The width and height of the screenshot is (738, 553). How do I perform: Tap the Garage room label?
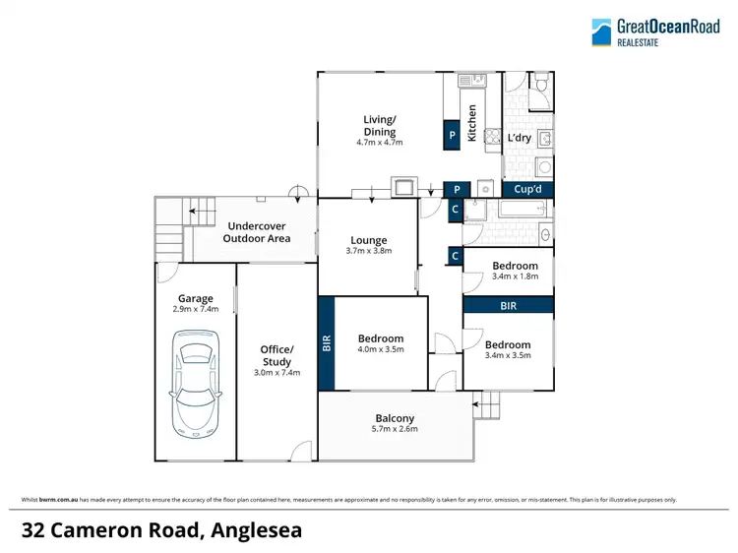tap(196, 298)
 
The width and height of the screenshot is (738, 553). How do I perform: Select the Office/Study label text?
tap(277, 355)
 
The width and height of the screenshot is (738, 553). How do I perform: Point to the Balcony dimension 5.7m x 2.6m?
tap(395, 429)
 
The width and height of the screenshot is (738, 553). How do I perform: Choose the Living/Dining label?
tap(380, 126)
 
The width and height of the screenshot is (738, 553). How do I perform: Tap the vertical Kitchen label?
tap(472, 123)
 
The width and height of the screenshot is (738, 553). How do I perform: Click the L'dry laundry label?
tap(519, 138)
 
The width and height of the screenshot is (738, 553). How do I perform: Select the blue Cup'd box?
tap(527, 190)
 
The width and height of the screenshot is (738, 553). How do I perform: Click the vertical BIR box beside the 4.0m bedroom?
tap(327, 342)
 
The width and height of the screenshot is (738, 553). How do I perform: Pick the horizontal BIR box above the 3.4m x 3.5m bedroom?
tap(508, 306)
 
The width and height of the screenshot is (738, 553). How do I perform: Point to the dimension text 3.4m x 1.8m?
tap(516, 276)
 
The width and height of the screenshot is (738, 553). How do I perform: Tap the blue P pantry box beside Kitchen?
tap(452, 135)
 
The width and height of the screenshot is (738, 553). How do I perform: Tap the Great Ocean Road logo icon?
tap(601, 31)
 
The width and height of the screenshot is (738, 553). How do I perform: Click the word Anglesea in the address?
tap(256, 529)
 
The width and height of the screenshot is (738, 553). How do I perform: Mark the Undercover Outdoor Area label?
tap(257, 232)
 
